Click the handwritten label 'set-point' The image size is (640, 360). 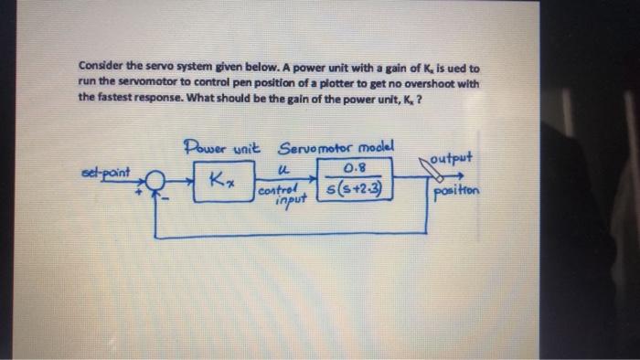click(108, 171)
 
